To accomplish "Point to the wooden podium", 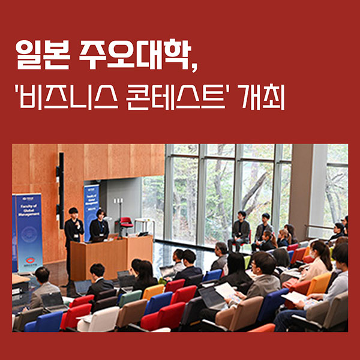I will [111, 252].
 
